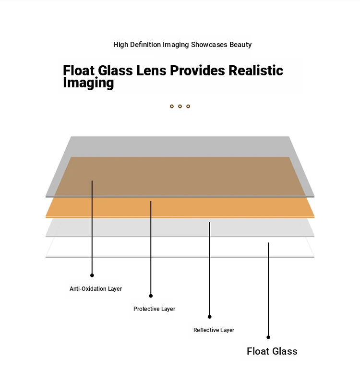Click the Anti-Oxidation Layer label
coord(96,289)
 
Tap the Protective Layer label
coord(154,309)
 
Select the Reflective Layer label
coord(214,330)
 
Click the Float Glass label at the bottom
coord(272,351)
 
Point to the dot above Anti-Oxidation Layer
coord(92,275)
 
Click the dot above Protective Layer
coord(151,296)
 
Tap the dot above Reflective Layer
coord(209,317)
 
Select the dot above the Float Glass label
coord(268,337)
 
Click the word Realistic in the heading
coord(256,71)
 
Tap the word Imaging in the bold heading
coord(88,83)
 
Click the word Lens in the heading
coord(150,71)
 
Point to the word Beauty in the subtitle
coord(240,45)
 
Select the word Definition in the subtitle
coord(145,45)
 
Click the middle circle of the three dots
coord(180,106)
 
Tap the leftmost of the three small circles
coord(172,106)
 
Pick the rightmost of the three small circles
coord(188,106)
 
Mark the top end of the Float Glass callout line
coord(268,243)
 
